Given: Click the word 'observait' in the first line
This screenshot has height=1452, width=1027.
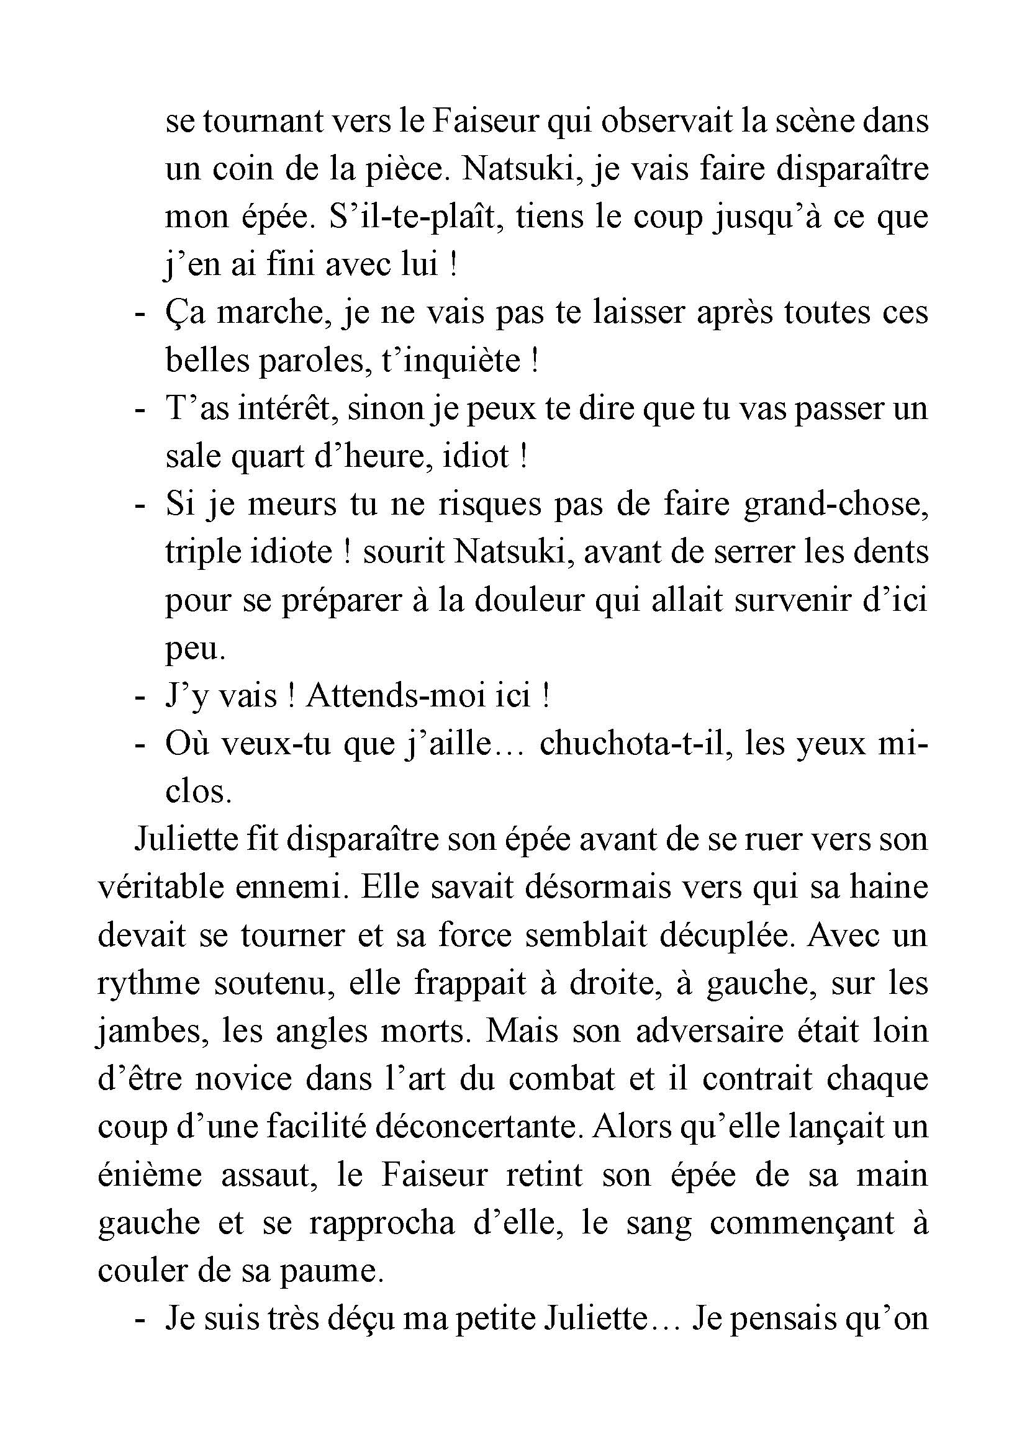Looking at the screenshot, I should (x=666, y=121).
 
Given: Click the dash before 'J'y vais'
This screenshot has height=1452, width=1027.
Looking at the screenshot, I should (x=140, y=697).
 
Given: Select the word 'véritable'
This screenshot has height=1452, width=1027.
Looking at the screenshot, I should (x=160, y=887).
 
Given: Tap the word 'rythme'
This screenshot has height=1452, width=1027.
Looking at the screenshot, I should (x=148, y=983).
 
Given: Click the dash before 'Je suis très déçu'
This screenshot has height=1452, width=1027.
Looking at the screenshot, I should (x=140, y=1319).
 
